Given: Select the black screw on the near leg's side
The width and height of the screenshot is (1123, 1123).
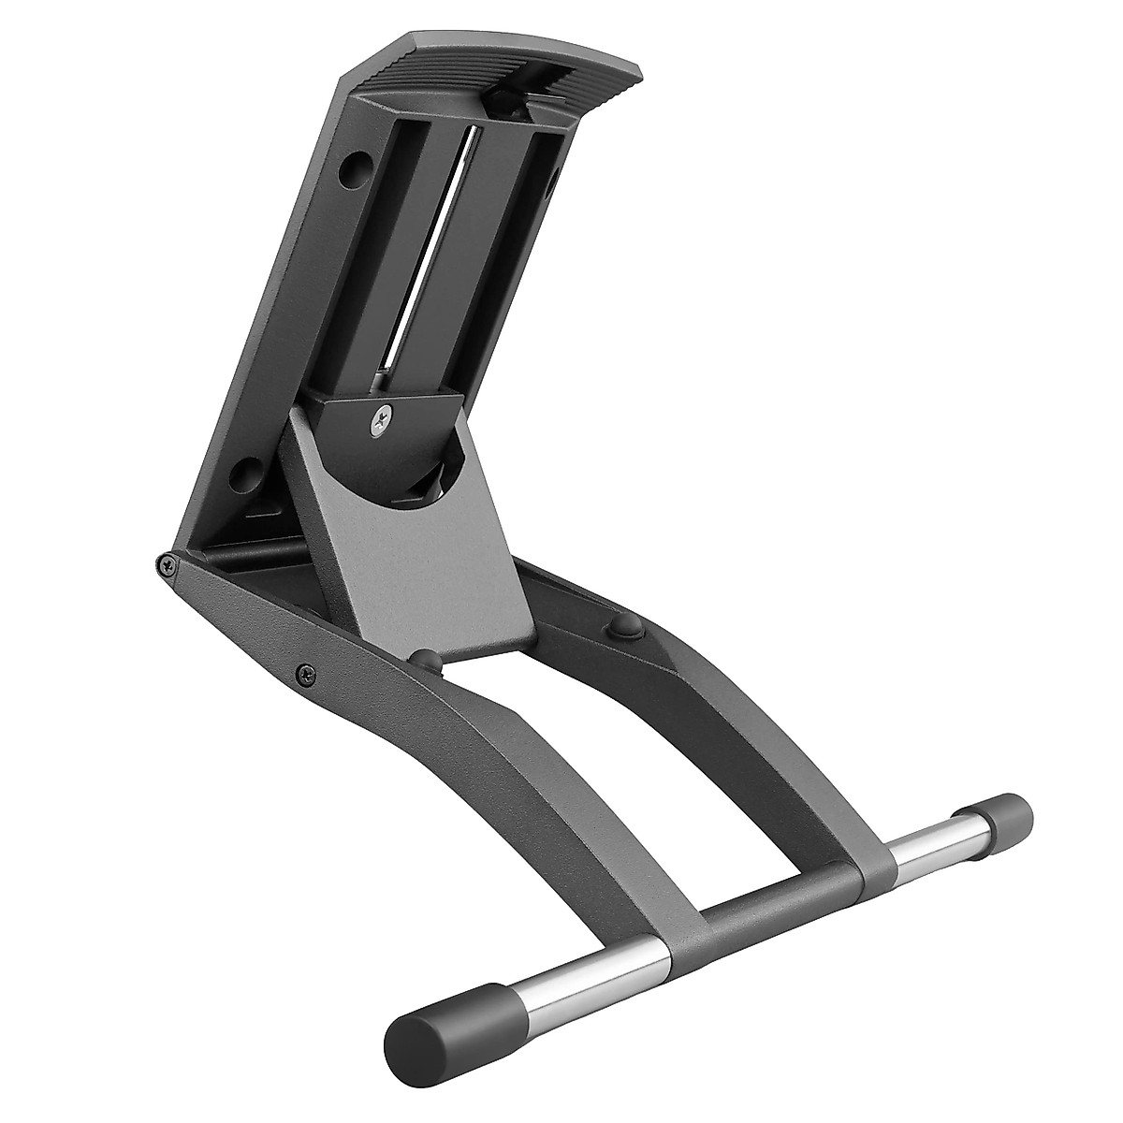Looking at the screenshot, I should pos(303,670).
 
